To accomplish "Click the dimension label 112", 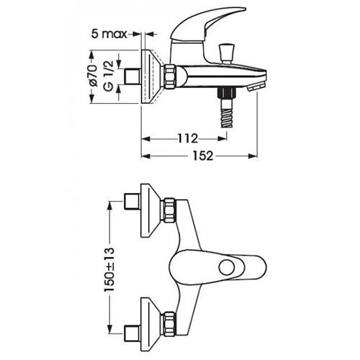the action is [188, 138].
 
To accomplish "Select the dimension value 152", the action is [203, 156].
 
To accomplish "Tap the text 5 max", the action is [109, 34].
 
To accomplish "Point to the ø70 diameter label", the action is [94, 76].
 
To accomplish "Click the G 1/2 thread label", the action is [108, 76].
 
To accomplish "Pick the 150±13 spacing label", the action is [109, 270].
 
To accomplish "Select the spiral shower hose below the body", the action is [226, 117].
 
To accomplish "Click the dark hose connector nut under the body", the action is [226, 92].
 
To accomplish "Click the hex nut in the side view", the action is [170, 76].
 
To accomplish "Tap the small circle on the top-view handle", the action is [227, 267].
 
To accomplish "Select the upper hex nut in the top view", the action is [170, 210].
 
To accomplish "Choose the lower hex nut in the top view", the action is [170, 323].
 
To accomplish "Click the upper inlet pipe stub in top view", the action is [132, 201].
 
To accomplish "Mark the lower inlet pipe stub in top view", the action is [132, 333].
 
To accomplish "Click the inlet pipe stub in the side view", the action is [132, 76].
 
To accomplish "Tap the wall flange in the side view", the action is [152, 76].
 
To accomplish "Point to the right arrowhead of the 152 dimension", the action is [253, 156].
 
